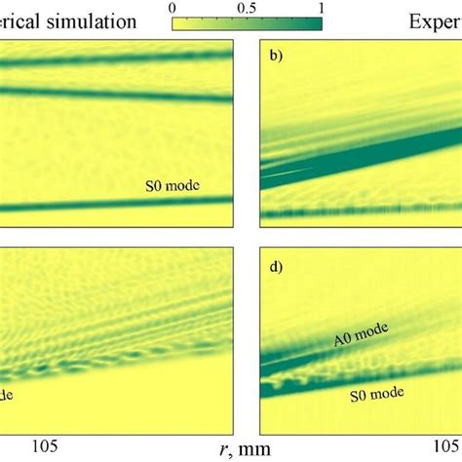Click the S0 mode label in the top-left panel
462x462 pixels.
pos(169,183)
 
